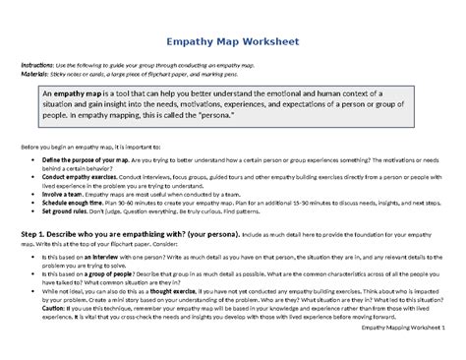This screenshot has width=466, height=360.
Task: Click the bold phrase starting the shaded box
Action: point(69,91)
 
